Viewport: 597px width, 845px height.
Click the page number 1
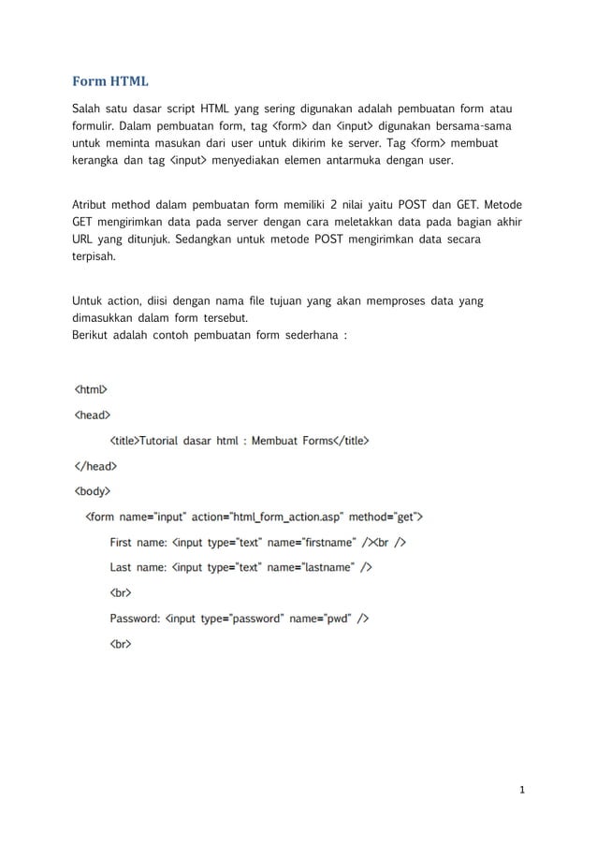pos(523,792)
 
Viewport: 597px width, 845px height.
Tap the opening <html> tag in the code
pos(91,388)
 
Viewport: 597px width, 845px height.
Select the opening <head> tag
pos(93,414)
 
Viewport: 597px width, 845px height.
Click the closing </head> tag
pos(95,464)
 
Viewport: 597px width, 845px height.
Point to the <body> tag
pos(93,489)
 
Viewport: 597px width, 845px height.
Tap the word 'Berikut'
pos(91,335)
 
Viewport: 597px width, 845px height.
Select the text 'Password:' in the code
pos(135,618)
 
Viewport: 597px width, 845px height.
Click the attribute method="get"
pos(384,516)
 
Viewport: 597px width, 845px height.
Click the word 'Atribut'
pos(92,205)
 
